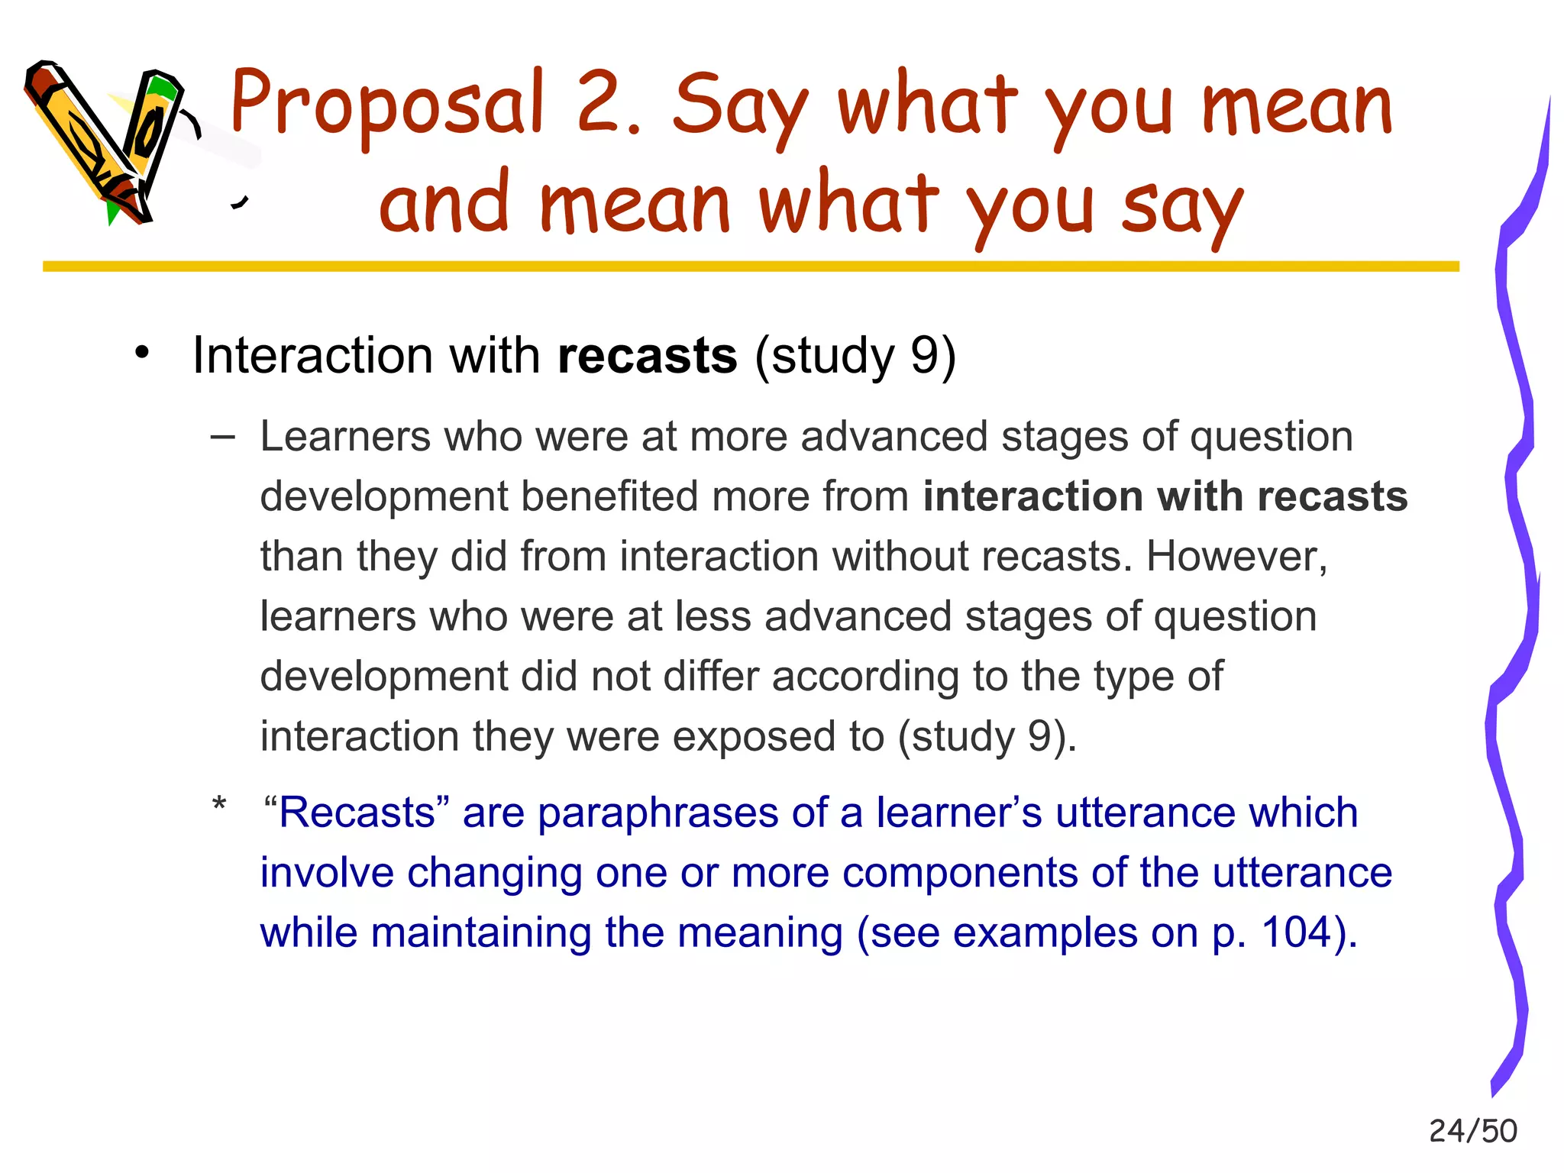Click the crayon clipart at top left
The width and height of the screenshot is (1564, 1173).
[x=107, y=141]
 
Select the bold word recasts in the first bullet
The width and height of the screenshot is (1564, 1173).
[x=648, y=356]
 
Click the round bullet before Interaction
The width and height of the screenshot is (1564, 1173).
[x=142, y=354]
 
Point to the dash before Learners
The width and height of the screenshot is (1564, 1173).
[x=222, y=437]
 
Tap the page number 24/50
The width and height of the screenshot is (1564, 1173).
[x=1472, y=1131]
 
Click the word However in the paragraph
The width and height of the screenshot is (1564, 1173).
[x=1236, y=556]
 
